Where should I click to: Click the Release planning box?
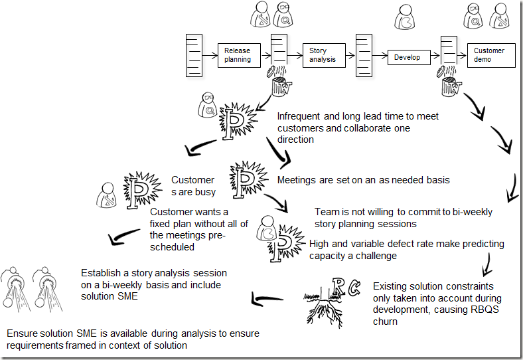[x=237, y=55]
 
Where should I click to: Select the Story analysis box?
[x=323, y=55]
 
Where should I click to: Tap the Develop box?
[x=408, y=58]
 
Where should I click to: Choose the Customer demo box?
[x=490, y=55]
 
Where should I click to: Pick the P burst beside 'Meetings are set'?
[x=245, y=175]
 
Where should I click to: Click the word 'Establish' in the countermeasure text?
[x=100, y=273]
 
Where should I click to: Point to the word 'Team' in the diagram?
[x=326, y=212]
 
